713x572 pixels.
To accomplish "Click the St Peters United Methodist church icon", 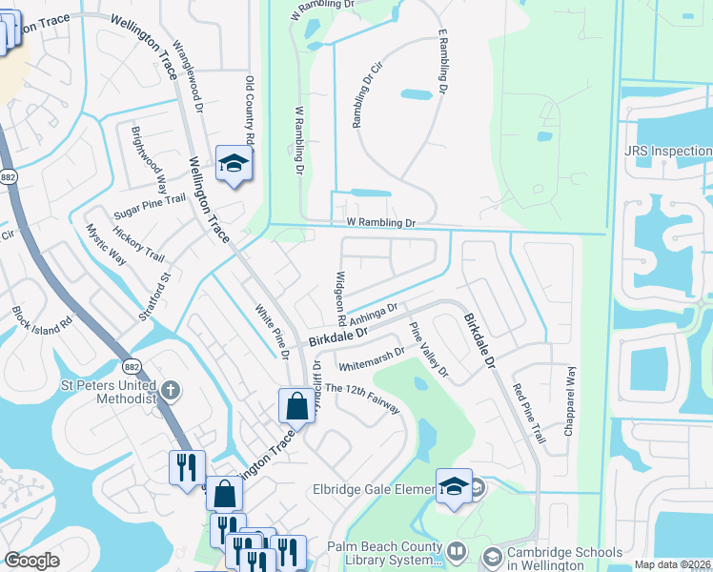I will point(170,389).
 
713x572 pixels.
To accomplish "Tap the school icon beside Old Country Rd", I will point(232,164).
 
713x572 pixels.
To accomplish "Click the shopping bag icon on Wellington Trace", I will point(296,406).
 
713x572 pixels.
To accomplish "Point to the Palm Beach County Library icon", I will point(457,552).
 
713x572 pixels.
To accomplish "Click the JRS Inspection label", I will point(667,152).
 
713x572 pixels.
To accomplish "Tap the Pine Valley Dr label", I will point(428,349).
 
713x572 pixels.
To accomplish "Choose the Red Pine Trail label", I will point(528,413).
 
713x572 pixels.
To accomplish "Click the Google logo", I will point(31,561).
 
